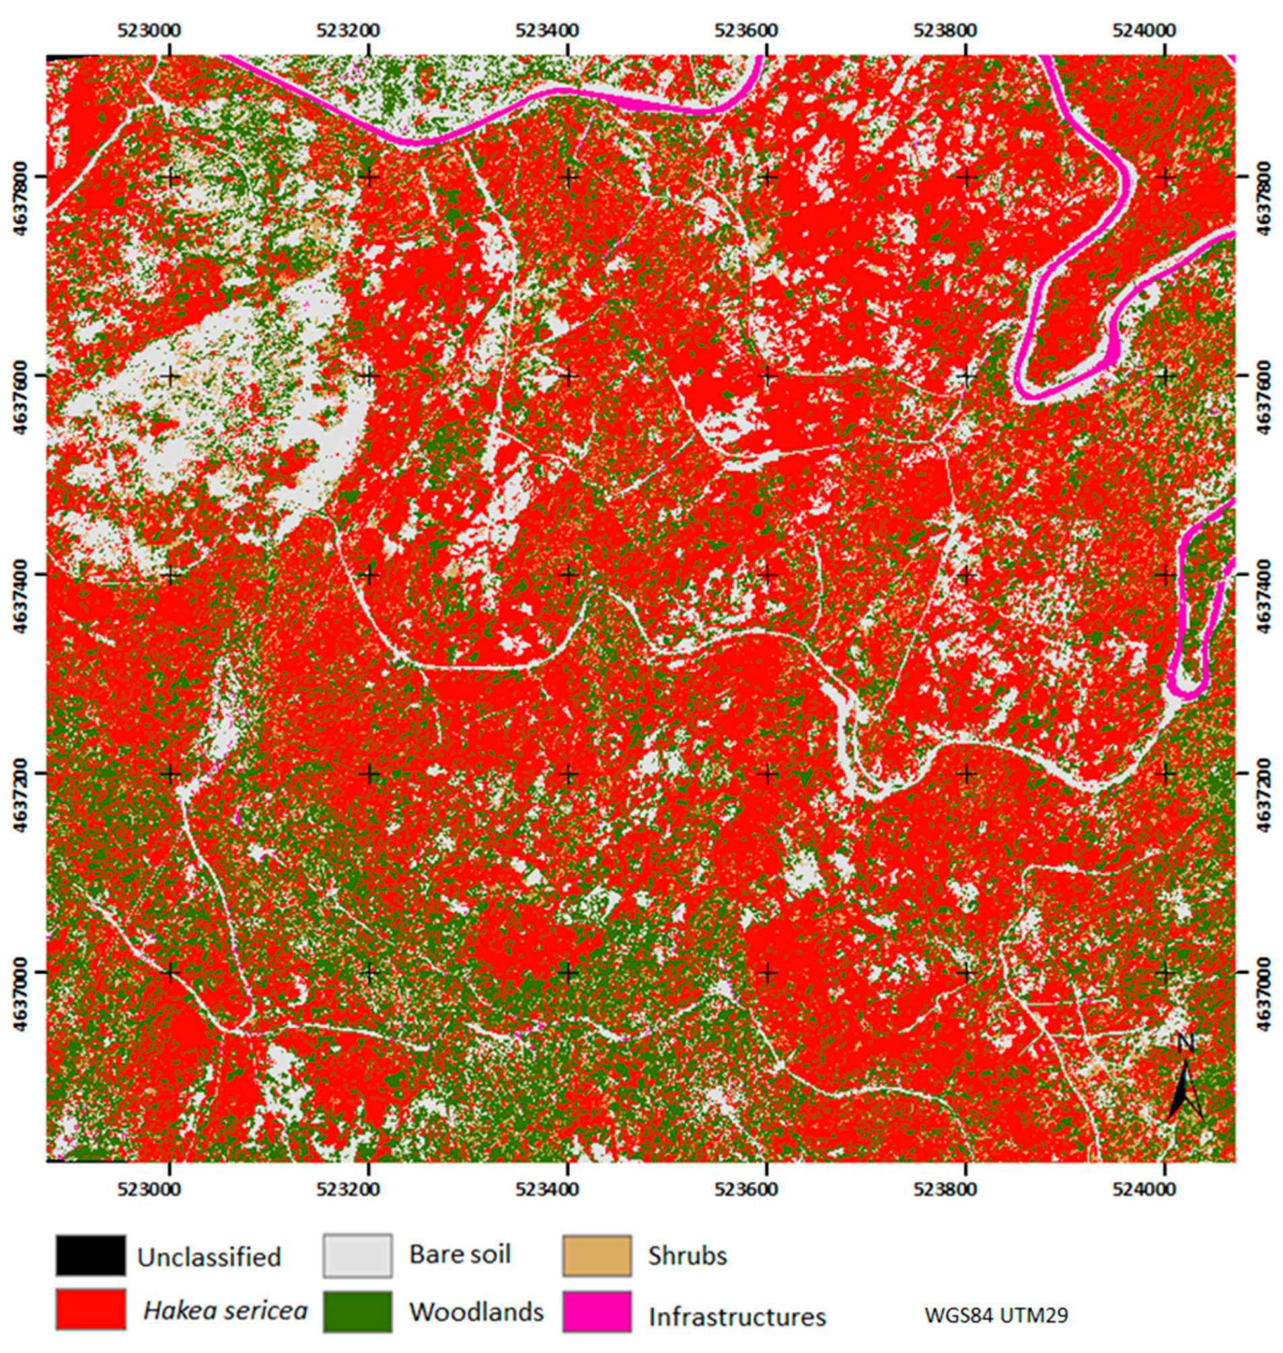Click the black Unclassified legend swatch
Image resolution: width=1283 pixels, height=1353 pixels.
[x=90, y=1255]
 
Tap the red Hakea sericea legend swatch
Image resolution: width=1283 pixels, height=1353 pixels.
[x=90, y=1310]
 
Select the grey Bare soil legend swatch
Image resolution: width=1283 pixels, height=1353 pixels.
[x=358, y=1255]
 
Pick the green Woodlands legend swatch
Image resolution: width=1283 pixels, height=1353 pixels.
[x=358, y=1310]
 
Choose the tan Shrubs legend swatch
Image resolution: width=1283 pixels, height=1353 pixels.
[x=596, y=1255]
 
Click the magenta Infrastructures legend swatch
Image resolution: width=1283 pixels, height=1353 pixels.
[x=596, y=1310]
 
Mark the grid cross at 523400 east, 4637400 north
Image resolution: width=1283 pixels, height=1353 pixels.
[x=568, y=575]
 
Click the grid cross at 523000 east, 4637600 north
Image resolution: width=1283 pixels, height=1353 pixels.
[x=170, y=376]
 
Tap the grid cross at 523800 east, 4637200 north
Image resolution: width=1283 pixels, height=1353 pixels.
[x=965, y=774]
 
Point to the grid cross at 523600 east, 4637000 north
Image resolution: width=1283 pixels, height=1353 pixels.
[x=768, y=972]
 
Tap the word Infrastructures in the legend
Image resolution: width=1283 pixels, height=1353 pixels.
[x=737, y=1317]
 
